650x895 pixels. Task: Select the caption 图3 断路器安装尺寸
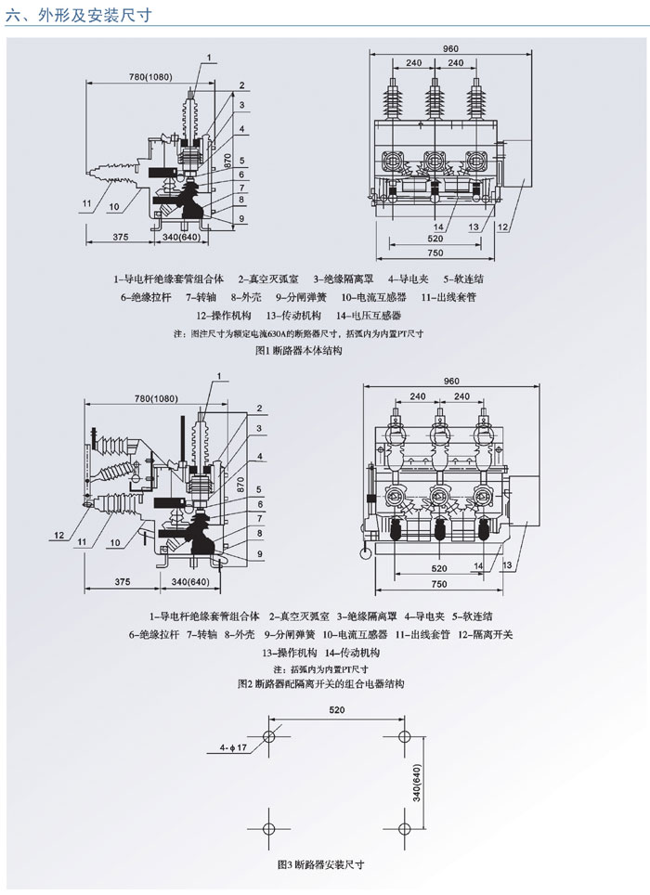(320, 863)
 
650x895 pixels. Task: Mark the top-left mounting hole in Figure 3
(268, 736)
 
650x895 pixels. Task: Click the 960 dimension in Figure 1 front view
(451, 48)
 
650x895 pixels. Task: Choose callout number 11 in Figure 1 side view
(84, 202)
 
